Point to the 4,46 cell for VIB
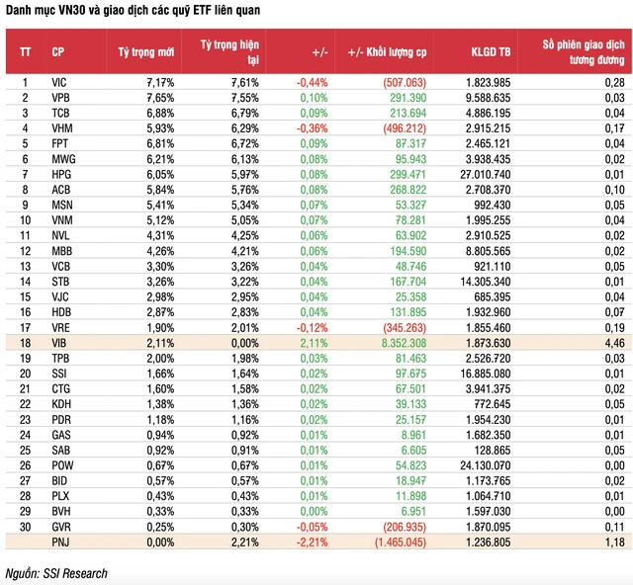coord(613,341)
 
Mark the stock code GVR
coord(61,528)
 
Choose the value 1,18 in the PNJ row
coord(613,543)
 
